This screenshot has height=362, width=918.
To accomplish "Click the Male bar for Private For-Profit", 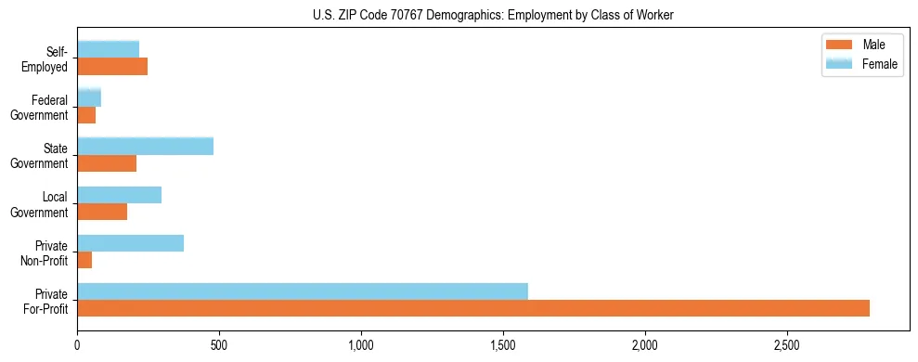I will click(473, 308).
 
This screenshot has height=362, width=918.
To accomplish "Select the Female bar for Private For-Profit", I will click(303, 291).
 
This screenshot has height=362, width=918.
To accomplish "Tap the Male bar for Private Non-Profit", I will click(84, 260).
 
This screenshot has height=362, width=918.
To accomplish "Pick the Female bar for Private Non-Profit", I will click(131, 243).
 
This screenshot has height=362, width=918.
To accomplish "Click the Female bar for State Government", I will click(146, 147).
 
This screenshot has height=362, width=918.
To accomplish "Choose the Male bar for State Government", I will click(107, 163).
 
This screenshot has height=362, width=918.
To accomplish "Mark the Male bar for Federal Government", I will click(86, 115).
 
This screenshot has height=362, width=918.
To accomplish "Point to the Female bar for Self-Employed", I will click(109, 50).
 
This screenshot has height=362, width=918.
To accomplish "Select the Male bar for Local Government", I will click(102, 212).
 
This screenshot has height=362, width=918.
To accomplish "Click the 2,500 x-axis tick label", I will click(786, 346).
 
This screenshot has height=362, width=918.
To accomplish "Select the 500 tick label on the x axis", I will click(219, 346).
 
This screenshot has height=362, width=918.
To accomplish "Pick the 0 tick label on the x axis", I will click(78, 346).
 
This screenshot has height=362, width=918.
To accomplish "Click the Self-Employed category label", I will click(50, 58).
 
